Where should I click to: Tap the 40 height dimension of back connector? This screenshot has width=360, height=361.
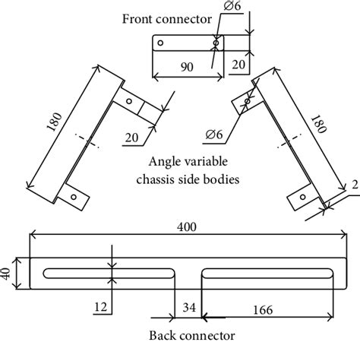point(8,273)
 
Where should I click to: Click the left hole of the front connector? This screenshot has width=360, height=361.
point(160,44)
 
